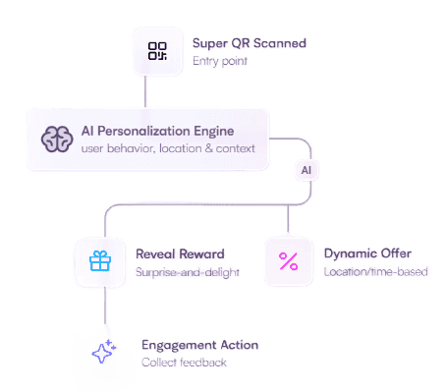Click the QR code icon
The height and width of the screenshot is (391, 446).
pos(157,51)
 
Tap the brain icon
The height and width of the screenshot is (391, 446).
pos(57,140)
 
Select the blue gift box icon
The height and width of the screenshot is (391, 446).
pos(100,261)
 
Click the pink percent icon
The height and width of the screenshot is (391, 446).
pos(289,261)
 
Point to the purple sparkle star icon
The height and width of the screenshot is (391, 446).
pos(104,352)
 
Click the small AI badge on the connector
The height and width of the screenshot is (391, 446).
pos(307,170)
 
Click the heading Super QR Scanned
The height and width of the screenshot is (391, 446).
pos(250,43)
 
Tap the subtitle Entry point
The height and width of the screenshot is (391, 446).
pos(220,61)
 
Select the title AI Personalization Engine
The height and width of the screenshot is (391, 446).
pos(157,132)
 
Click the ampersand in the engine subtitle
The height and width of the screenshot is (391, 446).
pos(208,148)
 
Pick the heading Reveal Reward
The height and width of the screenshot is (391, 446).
pos(180,254)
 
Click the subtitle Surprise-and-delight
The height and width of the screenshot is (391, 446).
pos(188,272)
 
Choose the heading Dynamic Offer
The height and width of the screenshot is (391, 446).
pos(367,253)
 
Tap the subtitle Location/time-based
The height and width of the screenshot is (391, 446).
pos(376,271)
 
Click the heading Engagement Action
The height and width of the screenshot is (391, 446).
pos(200,345)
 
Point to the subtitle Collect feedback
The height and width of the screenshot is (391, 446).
pos(184,363)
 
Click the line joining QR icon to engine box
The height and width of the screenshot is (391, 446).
pos(145,91)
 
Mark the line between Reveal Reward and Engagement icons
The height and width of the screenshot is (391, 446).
pos(105,306)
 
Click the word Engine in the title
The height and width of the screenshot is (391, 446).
pos(214,132)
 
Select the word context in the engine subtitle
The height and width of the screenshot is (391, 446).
pos(235,149)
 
